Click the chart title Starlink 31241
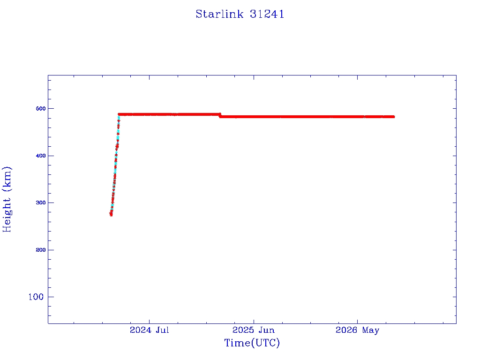pyautogui.click(x=240, y=14)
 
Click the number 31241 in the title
pyautogui.click(x=267, y=14)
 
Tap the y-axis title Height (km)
pyautogui.click(x=7, y=199)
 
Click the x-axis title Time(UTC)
pyautogui.click(x=252, y=343)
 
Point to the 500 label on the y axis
pyautogui.click(x=41, y=109)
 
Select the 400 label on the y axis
pyautogui.click(x=41, y=156)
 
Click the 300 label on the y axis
pyautogui.click(x=41, y=202)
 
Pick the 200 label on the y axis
pyautogui.click(x=41, y=250)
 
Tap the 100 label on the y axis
pyautogui.click(x=36, y=297)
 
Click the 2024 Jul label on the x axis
pyautogui.click(x=150, y=330)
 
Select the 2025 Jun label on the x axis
pyautogui.click(x=254, y=330)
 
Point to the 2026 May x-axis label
pyautogui.click(x=357, y=330)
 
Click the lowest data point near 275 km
pyautogui.click(x=111, y=215)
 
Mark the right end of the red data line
pyautogui.click(x=394, y=117)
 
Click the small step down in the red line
pyautogui.click(x=220, y=115)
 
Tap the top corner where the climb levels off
pyautogui.click(x=119, y=114)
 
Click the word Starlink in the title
pyautogui.click(x=219, y=14)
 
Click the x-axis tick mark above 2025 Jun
pyautogui.click(x=254, y=322)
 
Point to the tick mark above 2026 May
pyautogui.click(x=357, y=322)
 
